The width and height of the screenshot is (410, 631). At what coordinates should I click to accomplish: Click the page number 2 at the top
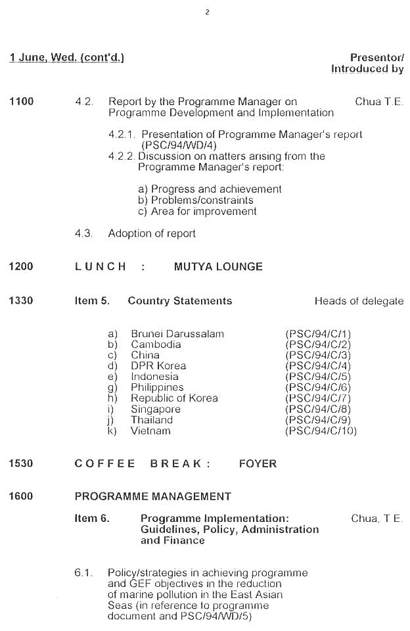(x=207, y=12)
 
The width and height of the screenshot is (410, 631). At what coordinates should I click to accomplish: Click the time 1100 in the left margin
(x=21, y=102)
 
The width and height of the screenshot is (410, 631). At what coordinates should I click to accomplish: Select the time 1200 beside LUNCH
(x=21, y=267)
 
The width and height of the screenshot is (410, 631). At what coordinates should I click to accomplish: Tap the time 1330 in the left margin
(x=21, y=301)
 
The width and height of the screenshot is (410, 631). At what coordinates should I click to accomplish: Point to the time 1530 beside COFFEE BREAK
(x=21, y=463)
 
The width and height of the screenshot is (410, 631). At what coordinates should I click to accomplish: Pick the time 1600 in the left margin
(x=21, y=497)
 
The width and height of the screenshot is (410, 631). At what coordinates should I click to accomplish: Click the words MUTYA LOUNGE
(x=218, y=267)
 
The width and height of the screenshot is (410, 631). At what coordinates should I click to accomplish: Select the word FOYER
(x=258, y=463)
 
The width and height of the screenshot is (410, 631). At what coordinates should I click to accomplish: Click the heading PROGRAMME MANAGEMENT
(x=153, y=497)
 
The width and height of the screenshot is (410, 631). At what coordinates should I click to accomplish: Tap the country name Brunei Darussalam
(x=177, y=334)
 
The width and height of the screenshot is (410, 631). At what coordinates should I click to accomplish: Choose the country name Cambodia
(x=156, y=344)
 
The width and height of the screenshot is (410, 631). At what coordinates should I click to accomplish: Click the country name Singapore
(x=156, y=409)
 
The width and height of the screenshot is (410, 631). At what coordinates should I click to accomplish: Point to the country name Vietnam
(x=150, y=431)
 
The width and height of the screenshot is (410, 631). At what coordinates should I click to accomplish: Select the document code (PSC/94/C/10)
(x=321, y=431)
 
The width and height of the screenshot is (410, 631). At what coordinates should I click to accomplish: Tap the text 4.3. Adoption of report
(x=135, y=233)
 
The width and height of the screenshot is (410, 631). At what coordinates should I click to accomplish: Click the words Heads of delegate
(x=359, y=301)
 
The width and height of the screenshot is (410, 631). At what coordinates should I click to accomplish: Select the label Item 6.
(x=92, y=518)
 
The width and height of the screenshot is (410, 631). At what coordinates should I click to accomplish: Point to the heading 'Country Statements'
(x=180, y=301)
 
